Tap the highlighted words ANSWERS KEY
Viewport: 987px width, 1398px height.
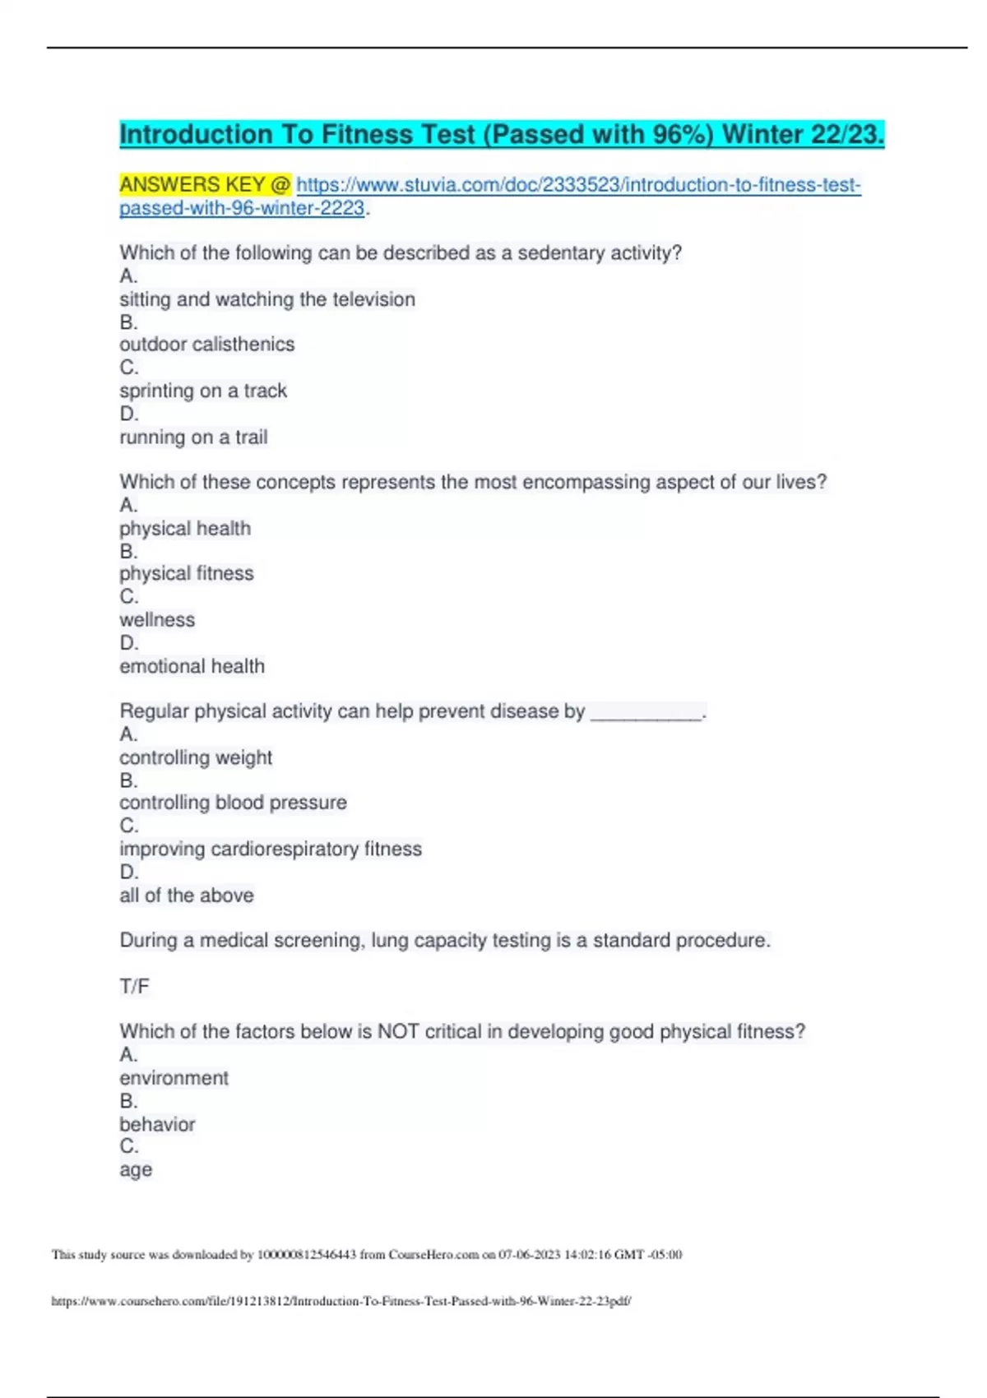[x=192, y=184]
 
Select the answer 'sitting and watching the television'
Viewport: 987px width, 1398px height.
[x=267, y=299]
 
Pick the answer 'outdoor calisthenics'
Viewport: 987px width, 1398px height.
[x=206, y=345]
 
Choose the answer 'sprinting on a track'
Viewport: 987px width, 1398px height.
[x=203, y=391]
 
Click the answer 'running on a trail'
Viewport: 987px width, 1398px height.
[x=193, y=437]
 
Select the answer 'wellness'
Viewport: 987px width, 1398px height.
[x=157, y=620]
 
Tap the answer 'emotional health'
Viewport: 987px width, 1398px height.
[x=192, y=666]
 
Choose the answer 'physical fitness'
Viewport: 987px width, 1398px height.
[x=187, y=573]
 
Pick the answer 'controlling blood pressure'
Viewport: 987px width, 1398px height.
[x=233, y=803]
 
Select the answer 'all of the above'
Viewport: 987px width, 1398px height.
[x=187, y=896]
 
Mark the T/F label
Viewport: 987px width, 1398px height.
[x=134, y=986]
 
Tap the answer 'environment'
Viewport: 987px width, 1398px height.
[x=174, y=1078]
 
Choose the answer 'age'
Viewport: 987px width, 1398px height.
[x=136, y=1170]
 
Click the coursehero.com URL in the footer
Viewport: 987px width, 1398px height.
[x=341, y=1301]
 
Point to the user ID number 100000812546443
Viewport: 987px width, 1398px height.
[x=307, y=1254]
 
